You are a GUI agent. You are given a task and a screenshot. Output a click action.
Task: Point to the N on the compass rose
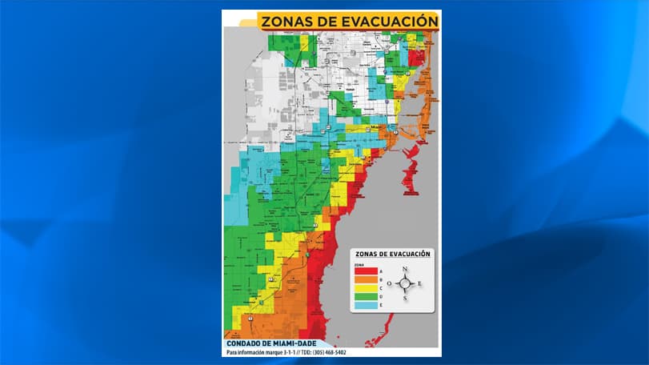click(x=406, y=268)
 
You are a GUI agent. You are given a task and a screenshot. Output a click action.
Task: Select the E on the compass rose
click(x=421, y=284)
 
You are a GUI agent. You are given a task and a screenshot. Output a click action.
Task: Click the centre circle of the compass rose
click(x=406, y=284)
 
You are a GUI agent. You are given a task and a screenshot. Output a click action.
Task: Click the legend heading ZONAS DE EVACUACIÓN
click(x=394, y=254)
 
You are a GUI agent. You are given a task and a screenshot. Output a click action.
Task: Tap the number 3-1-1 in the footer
click(x=297, y=351)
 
